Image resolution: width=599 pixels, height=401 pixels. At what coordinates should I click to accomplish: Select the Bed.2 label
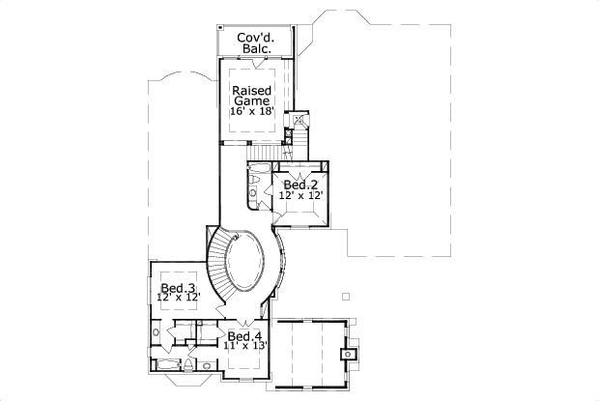coord(300,184)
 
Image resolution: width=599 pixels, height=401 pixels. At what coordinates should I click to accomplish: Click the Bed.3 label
coord(179,288)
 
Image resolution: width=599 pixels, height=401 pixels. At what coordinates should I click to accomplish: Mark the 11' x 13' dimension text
coord(245,345)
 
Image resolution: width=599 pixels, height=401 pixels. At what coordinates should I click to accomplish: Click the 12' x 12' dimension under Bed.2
coord(300,195)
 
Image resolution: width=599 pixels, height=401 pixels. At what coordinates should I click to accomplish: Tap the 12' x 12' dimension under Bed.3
coord(179,299)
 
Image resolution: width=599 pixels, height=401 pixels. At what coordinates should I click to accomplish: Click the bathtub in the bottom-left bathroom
coord(167,365)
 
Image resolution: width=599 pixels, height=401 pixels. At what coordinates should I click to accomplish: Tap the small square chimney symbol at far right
coord(348,355)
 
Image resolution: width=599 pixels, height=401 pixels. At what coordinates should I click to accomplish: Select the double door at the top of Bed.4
coord(243,323)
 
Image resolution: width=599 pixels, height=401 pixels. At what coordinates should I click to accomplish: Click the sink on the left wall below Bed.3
coord(157,334)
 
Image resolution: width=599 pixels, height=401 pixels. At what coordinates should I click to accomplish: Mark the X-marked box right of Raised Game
coord(299,120)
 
